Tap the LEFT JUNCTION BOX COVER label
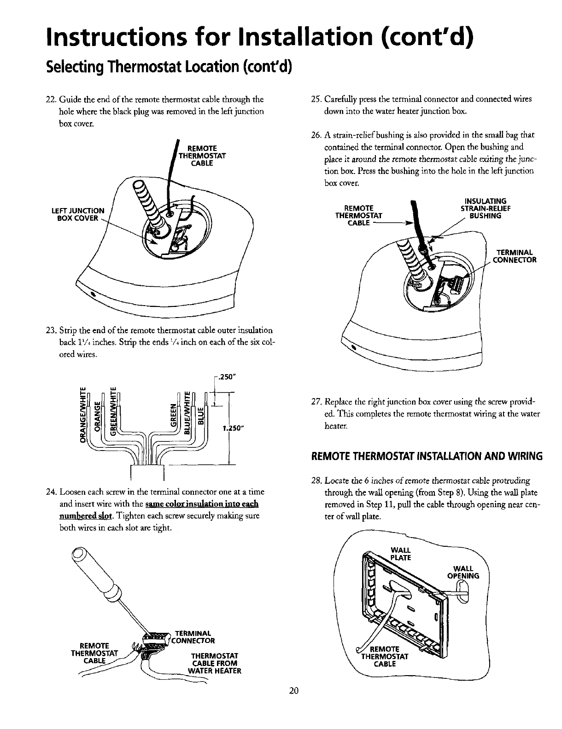[78, 214]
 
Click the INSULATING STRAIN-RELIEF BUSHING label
[481, 208]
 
